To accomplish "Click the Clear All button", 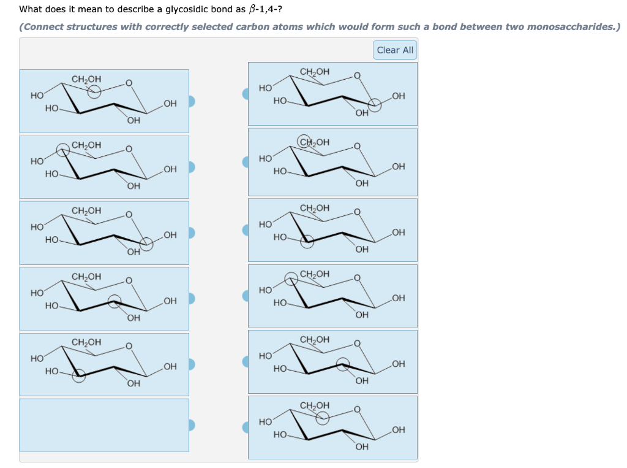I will [395, 50].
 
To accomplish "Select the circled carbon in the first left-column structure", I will [94, 91].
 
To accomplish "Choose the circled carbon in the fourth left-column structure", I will [115, 301].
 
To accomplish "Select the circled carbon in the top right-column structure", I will [374, 105].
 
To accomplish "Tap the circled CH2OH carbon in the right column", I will [304, 142].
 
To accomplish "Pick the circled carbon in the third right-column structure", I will [307, 242].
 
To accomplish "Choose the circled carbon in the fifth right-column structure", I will [343, 364].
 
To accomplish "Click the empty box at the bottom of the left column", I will [104, 425].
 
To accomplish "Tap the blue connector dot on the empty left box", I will [192, 425].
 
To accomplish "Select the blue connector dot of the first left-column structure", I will [192, 101].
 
